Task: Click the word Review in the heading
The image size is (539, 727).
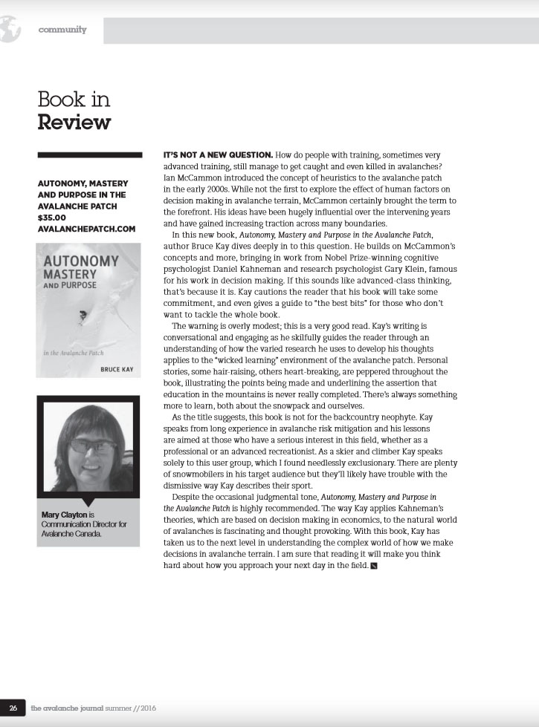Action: click(x=74, y=121)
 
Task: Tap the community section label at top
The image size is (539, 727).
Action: click(x=63, y=30)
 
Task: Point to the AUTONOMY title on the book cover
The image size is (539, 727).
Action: click(x=81, y=261)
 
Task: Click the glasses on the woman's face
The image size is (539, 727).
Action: click(x=92, y=445)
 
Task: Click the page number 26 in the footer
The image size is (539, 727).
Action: click(x=13, y=708)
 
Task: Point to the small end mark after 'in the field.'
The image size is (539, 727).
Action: click(x=374, y=587)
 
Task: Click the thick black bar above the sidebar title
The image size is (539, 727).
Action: click(x=88, y=154)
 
